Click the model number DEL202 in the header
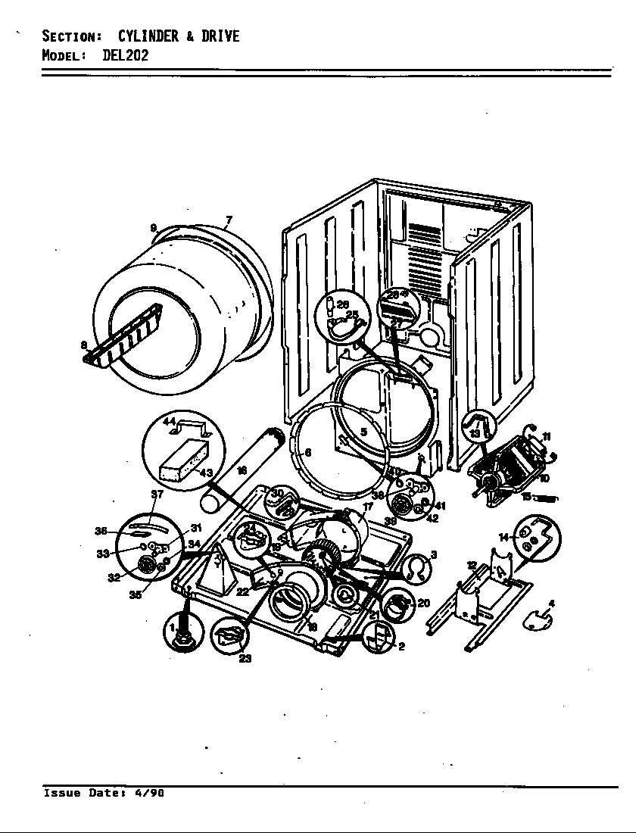125,55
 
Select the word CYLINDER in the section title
148,36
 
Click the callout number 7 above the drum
229,220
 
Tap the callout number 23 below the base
245,658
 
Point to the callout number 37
157,494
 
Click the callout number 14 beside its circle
503,537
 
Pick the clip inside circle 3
415,567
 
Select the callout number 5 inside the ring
363,432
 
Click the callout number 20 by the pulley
423,603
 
